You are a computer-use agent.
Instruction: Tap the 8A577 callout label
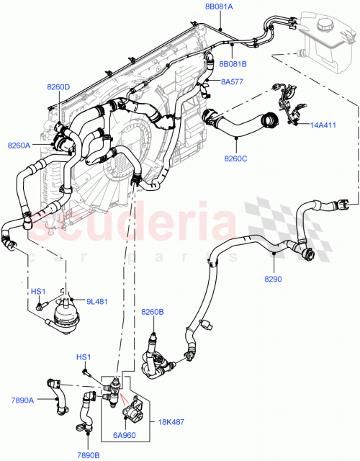click(232, 81)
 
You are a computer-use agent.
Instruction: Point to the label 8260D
click(58, 87)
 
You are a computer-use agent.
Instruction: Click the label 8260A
click(19, 146)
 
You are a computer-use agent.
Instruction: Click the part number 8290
click(273, 278)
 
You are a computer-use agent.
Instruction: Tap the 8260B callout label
click(153, 312)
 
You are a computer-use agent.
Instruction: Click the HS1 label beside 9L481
click(37, 292)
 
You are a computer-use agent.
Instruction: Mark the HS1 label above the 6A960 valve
click(84, 358)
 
